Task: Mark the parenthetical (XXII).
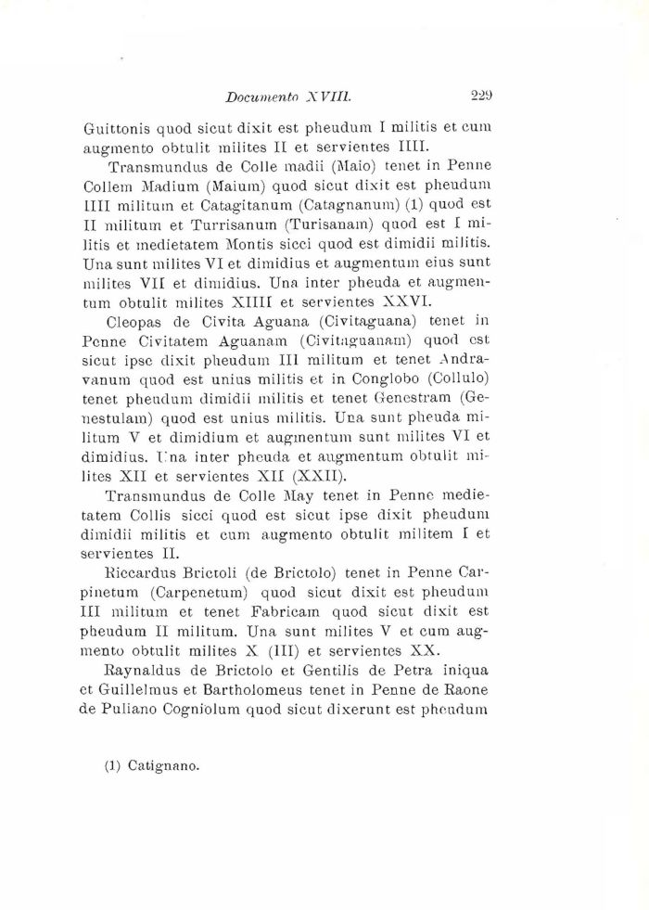298,476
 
